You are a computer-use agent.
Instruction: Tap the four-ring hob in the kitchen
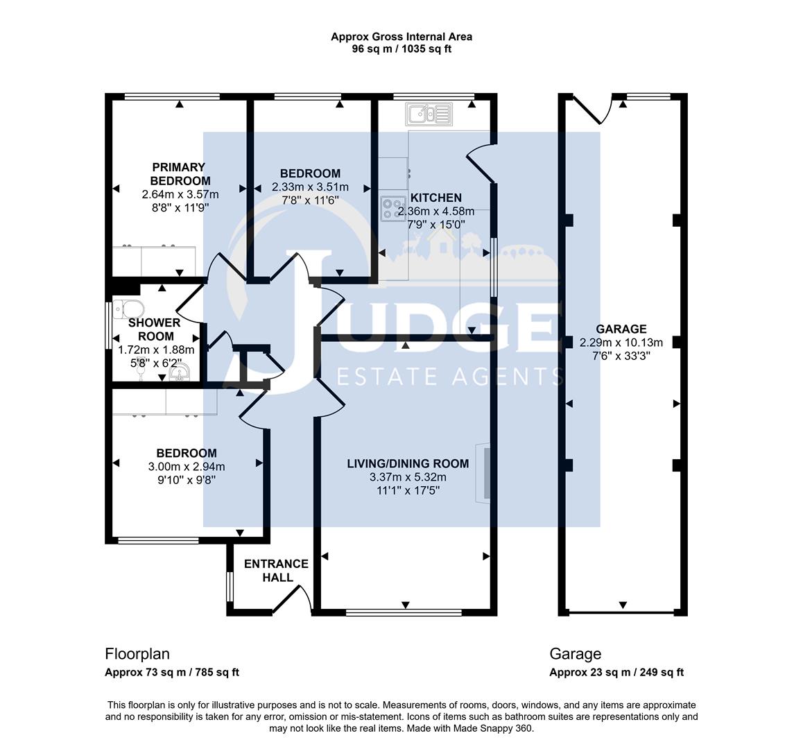pos(393,208)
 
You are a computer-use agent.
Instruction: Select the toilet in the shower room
pos(129,308)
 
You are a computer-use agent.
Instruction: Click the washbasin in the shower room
pos(179,375)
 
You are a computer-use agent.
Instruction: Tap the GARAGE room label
pos(621,329)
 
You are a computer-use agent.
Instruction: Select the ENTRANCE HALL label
pos(276,570)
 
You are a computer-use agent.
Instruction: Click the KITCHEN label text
pos(435,198)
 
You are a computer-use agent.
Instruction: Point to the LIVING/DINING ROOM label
pos(408,463)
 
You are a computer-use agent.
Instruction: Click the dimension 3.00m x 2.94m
pos(187,467)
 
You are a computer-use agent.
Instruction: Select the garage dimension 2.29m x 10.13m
pos(621,342)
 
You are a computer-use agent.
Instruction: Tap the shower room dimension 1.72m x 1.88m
pos(157,350)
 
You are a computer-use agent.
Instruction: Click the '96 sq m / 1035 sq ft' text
pos(401,49)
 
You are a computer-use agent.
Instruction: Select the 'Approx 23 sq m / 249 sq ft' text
pos(616,672)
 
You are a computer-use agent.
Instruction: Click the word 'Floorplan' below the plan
pos(137,653)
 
